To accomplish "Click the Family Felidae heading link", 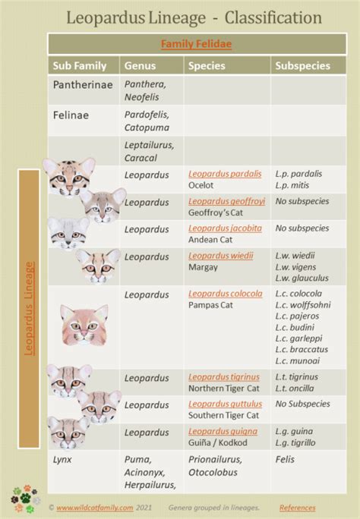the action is pos(196,44).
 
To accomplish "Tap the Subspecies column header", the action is pos(303,66).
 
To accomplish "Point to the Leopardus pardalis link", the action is pos(225,174).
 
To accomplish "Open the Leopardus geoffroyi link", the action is pos(226,201).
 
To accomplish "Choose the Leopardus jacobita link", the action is pos(226,228).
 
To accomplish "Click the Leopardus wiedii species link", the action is pos(221,256).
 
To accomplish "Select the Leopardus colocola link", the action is pos(226,294).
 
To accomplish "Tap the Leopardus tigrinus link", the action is pos(224,376).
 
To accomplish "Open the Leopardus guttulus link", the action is pos(226,404).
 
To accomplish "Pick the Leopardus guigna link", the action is pos(223,431).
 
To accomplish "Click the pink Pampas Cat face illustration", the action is pos(84,326).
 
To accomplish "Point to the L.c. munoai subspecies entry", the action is pos(299,360).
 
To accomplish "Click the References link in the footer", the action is pos(298,507).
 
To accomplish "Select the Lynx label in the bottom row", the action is pos(62,459).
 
